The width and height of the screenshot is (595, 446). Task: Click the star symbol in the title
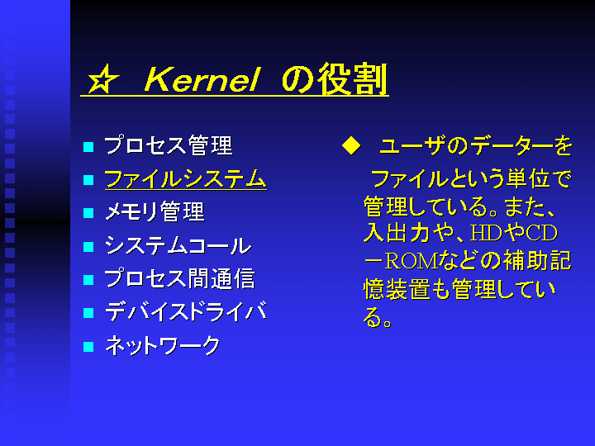tap(102, 78)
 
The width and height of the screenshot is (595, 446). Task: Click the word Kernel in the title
tap(202, 79)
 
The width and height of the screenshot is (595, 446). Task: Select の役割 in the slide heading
tap(335, 78)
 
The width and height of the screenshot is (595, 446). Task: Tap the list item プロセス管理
tap(168, 145)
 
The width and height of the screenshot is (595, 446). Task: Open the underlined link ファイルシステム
tap(186, 178)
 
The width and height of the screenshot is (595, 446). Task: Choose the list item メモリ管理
tap(155, 211)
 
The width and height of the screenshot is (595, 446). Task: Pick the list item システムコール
tap(178, 245)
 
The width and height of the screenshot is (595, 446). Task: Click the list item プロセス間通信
tap(179, 278)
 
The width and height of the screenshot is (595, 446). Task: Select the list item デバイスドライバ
tap(186, 311)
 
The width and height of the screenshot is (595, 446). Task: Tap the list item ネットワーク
tap(163, 345)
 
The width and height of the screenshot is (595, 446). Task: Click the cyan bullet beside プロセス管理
tap(88, 147)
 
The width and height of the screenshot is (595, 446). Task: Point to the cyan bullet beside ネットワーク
tap(88, 347)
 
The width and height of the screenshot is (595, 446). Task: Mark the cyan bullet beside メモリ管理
tap(88, 213)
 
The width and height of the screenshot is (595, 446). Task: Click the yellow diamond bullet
tap(351, 145)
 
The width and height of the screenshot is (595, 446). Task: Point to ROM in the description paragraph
tap(412, 261)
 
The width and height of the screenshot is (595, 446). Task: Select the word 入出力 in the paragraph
tap(397, 233)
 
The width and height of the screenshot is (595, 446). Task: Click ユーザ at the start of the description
tap(412, 145)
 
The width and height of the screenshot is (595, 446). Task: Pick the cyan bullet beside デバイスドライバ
tap(88, 313)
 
